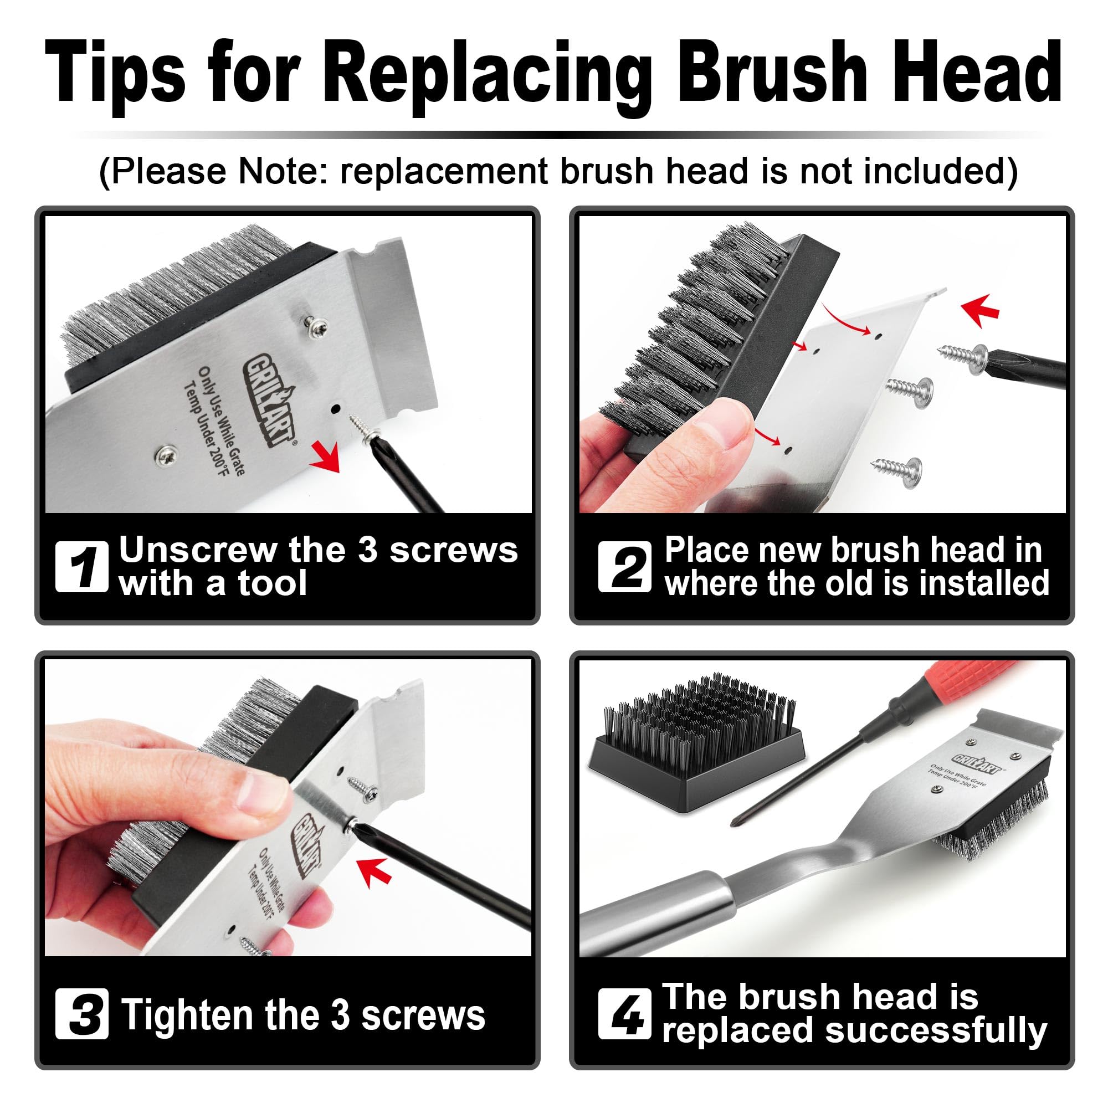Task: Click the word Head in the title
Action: pyautogui.click(x=974, y=75)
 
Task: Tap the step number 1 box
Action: pyautogui.click(x=81, y=567)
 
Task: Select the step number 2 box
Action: pyautogui.click(x=624, y=567)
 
